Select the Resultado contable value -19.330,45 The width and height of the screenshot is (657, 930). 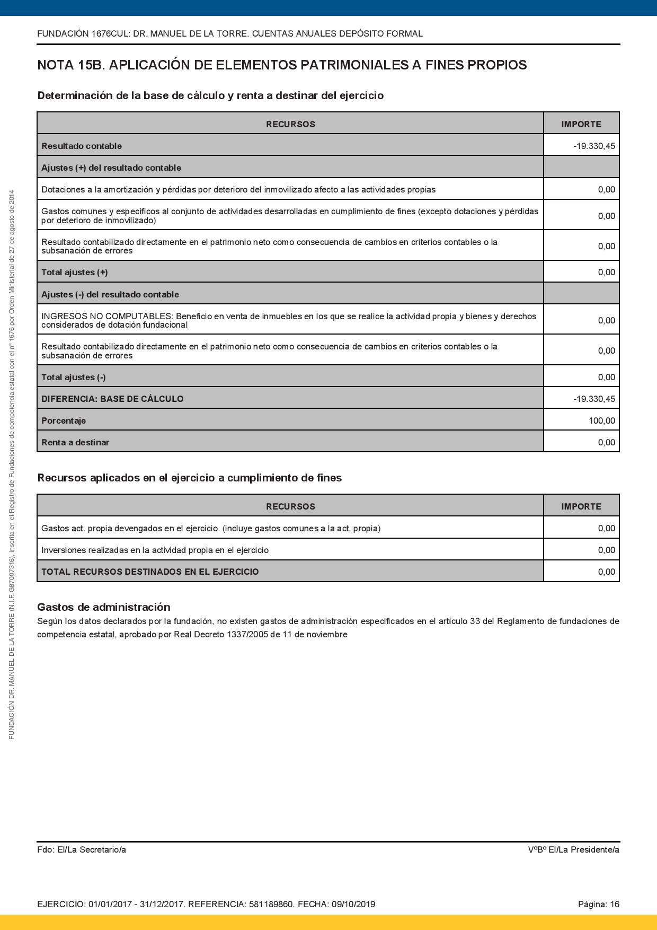tap(594, 146)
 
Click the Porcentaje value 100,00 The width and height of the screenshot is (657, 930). tap(602, 420)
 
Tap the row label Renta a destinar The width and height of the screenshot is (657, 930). tap(75, 442)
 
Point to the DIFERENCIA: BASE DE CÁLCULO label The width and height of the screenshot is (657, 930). tap(112, 399)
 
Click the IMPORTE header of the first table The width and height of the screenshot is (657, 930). tap(581, 124)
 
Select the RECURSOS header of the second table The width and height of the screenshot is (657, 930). tap(290, 506)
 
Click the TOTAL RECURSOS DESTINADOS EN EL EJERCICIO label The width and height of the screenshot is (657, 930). tap(150, 572)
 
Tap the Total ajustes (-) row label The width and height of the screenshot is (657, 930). tap(73, 377)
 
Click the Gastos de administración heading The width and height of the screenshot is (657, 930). tap(104, 607)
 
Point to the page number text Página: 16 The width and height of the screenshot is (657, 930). tap(598, 904)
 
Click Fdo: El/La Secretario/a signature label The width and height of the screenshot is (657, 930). tap(82, 849)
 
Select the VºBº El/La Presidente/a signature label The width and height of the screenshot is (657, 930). tap(573, 849)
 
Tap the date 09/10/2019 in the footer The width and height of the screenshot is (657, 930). tap(353, 904)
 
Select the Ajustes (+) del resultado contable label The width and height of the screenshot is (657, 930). tap(111, 168)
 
